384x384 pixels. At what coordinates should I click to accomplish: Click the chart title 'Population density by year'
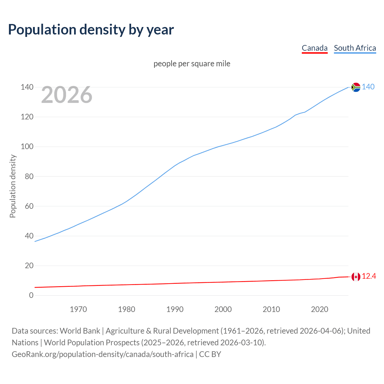[x=91, y=30]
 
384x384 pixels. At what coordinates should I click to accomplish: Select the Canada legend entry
[x=314, y=48]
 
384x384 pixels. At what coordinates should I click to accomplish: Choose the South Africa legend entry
[x=355, y=48]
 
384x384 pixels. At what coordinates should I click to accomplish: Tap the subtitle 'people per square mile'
[x=192, y=64]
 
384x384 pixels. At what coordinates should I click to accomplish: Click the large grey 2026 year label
[x=67, y=95]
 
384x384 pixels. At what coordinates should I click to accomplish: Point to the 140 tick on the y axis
[x=27, y=87]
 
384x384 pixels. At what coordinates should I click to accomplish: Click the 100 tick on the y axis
[x=27, y=147]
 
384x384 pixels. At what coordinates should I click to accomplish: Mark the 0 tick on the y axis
[x=31, y=295]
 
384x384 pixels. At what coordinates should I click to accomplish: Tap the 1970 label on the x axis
[x=78, y=309]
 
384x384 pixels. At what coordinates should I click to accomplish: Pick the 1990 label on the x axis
[x=175, y=309]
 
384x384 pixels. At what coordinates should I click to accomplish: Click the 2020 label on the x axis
[x=319, y=309]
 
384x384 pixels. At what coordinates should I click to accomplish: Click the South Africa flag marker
[x=356, y=87]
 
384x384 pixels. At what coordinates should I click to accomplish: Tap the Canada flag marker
[x=356, y=277]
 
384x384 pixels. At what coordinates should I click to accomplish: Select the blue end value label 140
[x=368, y=87]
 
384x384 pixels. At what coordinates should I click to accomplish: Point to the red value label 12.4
[x=369, y=276]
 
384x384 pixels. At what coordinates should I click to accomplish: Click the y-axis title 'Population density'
[x=13, y=186]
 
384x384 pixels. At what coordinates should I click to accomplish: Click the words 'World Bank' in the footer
[x=80, y=331]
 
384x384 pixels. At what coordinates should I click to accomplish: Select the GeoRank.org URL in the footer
[x=103, y=354]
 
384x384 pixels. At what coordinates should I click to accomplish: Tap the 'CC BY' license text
[x=210, y=354]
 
